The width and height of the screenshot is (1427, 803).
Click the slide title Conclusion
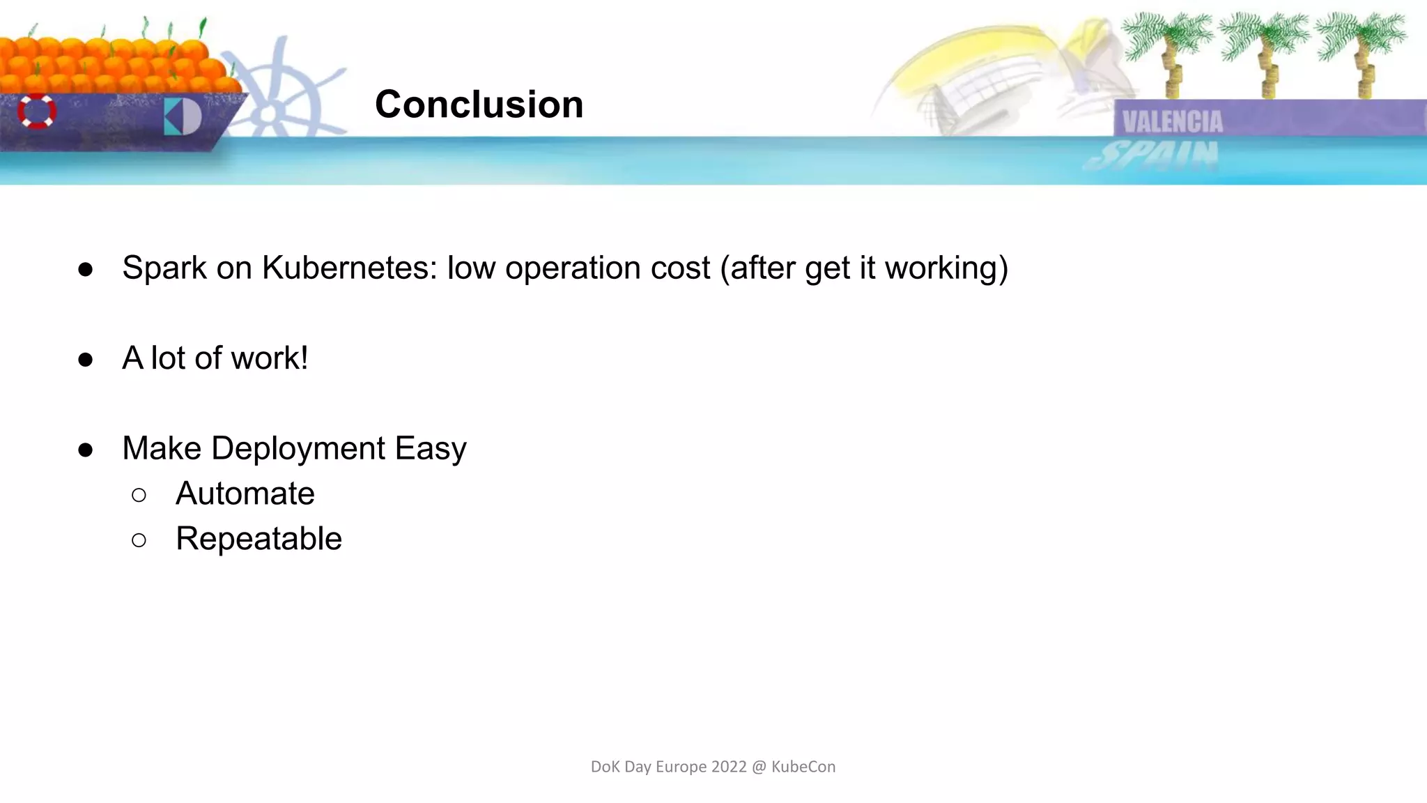pyautogui.click(x=479, y=105)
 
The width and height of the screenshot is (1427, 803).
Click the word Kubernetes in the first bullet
pyautogui.click(x=349, y=268)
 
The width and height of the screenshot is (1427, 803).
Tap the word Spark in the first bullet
pyautogui.click(x=164, y=268)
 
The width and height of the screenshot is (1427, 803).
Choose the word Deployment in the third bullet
pyautogui.click(x=298, y=448)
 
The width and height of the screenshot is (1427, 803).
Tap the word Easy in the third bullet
pyautogui.click(x=431, y=448)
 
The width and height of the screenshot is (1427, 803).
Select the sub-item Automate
pyautogui.click(x=245, y=494)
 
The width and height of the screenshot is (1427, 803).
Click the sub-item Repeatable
pyautogui.click(x=259, y=539)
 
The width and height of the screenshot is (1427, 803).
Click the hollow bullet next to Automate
pyautogui.click(x=139, y=495)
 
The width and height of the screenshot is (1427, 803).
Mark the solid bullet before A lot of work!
pyautogui.click(x=86, y=360)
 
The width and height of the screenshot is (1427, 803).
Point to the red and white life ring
pyautogui.click(x=37, y=112)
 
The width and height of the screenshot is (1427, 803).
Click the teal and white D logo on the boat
pyautogui.click(x=183, y=116)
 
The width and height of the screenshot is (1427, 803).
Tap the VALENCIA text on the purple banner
pyautogui.click(x=1172, y=122)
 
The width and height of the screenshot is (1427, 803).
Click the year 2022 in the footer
pyautogui.click(x=729, y=767)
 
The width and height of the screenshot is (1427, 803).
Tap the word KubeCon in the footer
pyautogui.click(x=803, y=767)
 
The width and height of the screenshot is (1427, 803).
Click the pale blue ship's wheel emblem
pyautogui.click(x=279, y=98)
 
